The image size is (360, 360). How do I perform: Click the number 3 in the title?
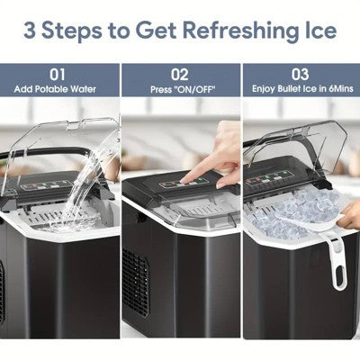click(31, 31)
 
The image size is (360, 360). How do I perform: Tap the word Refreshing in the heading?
click(238, 31)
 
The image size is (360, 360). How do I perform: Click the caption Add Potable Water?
click(58, 89)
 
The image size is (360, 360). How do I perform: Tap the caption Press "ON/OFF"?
click(180, 89)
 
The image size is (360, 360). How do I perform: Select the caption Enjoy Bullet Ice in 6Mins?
click(300, 89)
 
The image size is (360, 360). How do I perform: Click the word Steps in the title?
click(80, 31)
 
